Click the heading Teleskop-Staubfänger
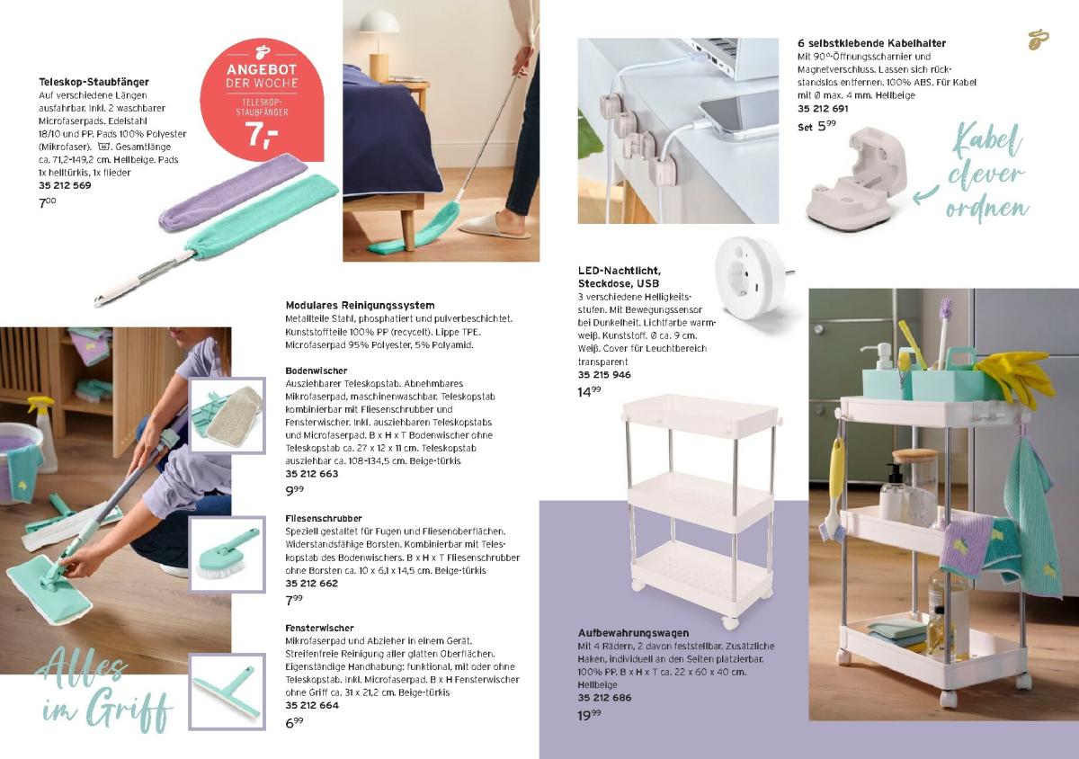94,82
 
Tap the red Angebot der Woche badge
262,100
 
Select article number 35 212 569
65,185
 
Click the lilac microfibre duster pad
234,192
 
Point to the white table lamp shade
379,22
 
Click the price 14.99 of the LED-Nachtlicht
589,392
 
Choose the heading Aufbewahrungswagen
633,633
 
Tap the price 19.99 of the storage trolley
589,715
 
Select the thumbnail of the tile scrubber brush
227,554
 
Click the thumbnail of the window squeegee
227,692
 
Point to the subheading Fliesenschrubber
323,519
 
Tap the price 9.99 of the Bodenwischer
294,491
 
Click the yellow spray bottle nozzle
40,403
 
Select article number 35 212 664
312,706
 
